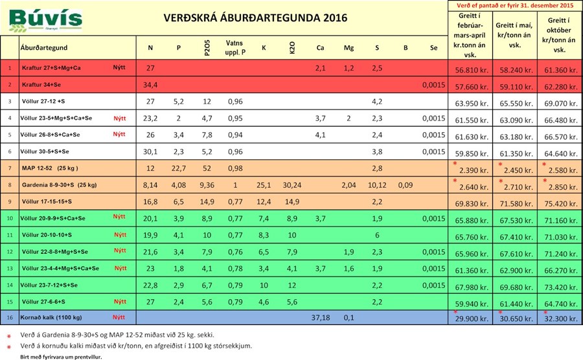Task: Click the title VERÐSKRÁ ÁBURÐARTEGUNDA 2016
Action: click(x=255, y=17)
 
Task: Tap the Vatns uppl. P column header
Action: click(x=234, y=47)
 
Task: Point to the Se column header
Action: click(x=433, y=48)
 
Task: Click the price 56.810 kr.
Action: click(x=471, y=69)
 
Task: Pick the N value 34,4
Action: click(x=150, y=85)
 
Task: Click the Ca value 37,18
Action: click(x=320, y=318)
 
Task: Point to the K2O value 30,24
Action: click(x=292, y=185)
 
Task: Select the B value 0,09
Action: click(x=405, y=185)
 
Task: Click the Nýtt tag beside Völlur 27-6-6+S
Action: click(x=120, y=301)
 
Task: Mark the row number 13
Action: click(x=10, y=268)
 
